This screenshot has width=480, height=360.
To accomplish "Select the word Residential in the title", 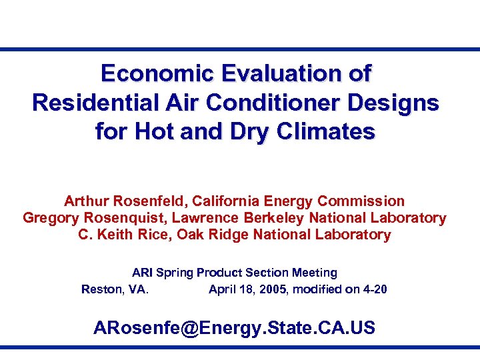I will [93, 103].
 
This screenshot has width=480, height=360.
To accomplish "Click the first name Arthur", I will [86, 201].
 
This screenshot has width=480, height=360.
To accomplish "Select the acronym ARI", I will [143, 273].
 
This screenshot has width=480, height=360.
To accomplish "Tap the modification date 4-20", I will [374, 289].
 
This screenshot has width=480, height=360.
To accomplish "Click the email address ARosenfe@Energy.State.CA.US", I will [234, 328].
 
